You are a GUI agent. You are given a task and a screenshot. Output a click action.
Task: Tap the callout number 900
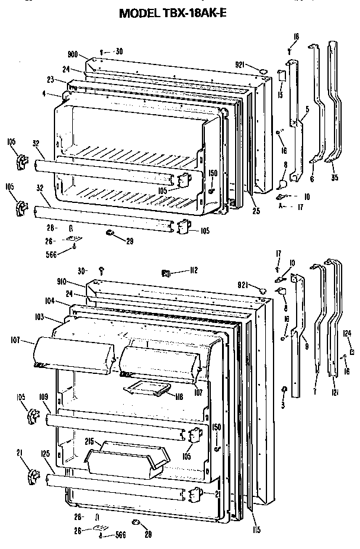73,54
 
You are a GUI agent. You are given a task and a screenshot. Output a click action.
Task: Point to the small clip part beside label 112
167,273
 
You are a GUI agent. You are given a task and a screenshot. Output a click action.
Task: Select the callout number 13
281,94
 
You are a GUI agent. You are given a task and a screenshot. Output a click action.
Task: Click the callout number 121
334,393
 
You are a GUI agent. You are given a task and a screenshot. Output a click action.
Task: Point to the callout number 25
255,211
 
